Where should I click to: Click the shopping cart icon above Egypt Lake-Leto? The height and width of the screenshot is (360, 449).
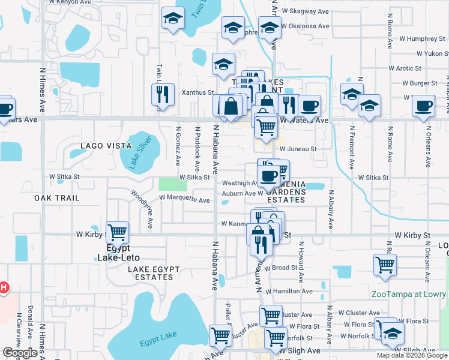pos(118,231)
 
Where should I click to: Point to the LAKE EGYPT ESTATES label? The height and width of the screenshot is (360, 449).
pos(150,273)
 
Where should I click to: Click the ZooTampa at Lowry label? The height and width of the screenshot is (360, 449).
pos(409,294)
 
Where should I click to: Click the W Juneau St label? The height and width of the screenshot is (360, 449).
pos(298,149)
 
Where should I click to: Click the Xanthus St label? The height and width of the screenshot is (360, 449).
pos(198,93)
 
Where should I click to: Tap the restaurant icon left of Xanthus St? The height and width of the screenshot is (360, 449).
pos(162,94)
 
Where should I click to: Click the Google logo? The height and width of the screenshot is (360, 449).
pos(20,353)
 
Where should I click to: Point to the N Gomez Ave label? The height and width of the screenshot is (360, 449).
pos(178,146)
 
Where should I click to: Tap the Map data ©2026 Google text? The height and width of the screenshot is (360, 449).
pos(412,355)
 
